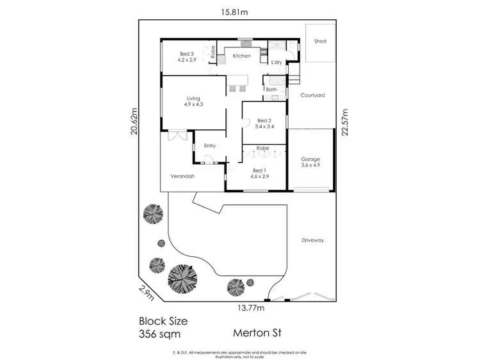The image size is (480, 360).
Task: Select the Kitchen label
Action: click(x=241, y=56)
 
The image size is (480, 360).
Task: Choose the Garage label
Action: click(x=310, y=159)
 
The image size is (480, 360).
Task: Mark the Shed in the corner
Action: click(x=320, y=42)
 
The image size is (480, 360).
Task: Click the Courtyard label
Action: click(x=313, y=95)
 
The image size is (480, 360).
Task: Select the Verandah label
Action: click(x=182, y=176)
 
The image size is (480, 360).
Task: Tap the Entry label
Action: click(x=209, y=145)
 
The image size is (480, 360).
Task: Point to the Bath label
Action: click(x=271, y=90)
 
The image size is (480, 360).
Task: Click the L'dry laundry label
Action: click(x=276, y=63)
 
